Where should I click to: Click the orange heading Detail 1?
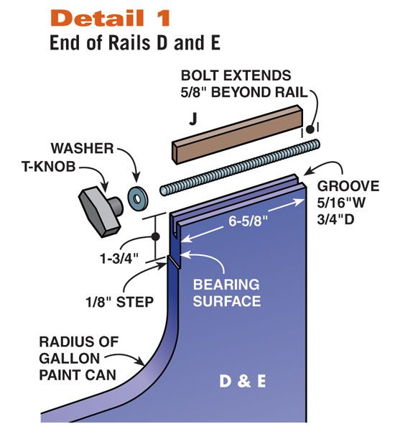click(x=110, y=18)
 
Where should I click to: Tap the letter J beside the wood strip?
click(x=192, y=119)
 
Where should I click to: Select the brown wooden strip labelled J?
click(x=237, y=134)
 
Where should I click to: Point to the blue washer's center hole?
click(x=137, y=199)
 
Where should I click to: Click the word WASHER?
click(x=82, y=148)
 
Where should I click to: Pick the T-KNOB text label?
click(x=48, y=166)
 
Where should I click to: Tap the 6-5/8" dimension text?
click(x=248, y=221)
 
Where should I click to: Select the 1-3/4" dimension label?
click(x=119, y=259)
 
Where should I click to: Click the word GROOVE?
click(x=348, y=186)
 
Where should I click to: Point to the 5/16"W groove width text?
click(x=341, y=203)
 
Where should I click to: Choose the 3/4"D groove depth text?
click(x=335, y=219)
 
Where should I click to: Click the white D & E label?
click(x=243, y=381)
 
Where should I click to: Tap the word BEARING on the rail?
click(x=226, y=285)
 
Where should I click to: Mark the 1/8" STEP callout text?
click(x=119, y=302)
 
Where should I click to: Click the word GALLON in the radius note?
click(x=70, y=359)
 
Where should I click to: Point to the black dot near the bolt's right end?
click(x=310, y=129)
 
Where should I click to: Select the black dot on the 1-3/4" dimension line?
click(x=155, y=236)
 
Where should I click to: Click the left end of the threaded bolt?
click(x=164, y=191)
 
